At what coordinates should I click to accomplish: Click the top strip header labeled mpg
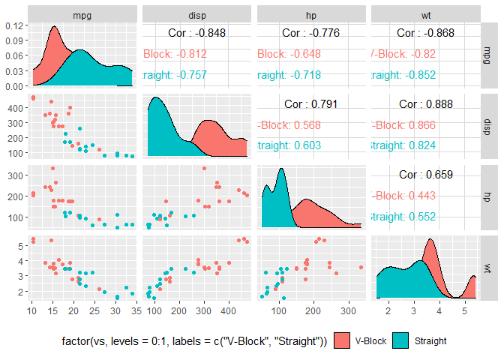pyautogui.click(x=82, y=13)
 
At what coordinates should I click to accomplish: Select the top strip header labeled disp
pyautogui.click(x=197, y=13)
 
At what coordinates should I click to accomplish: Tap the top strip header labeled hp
pyautogui.click(x=311, y=13)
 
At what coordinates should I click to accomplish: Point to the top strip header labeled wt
pyautogui.click(x=425, y=13)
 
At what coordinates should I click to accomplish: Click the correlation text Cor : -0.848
pyautogui.click(x=198, y=33)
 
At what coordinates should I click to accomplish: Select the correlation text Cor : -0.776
pyautogui.click(x=312, y=33)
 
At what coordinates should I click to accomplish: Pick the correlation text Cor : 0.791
pyautogui.click(x=312, y=103)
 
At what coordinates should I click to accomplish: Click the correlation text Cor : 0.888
pyautogui.click(x=426, y=103)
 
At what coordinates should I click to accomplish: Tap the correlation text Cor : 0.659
pyautogui.click(x=426, y=175)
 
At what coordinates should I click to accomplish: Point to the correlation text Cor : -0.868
pyautogui.click(x=426, y=33)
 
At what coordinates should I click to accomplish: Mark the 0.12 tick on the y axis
pyautogui.click(x=15, y=25)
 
